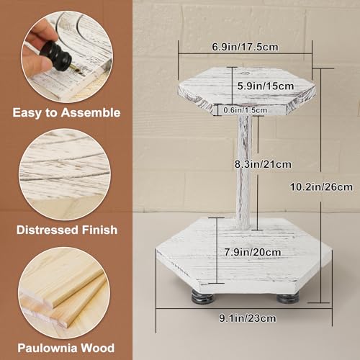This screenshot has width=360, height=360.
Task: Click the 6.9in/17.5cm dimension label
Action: [x=246, y=47]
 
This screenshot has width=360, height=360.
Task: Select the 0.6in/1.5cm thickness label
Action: [x=244, y=110]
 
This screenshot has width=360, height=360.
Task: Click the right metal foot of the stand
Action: [x=288, y=297]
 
